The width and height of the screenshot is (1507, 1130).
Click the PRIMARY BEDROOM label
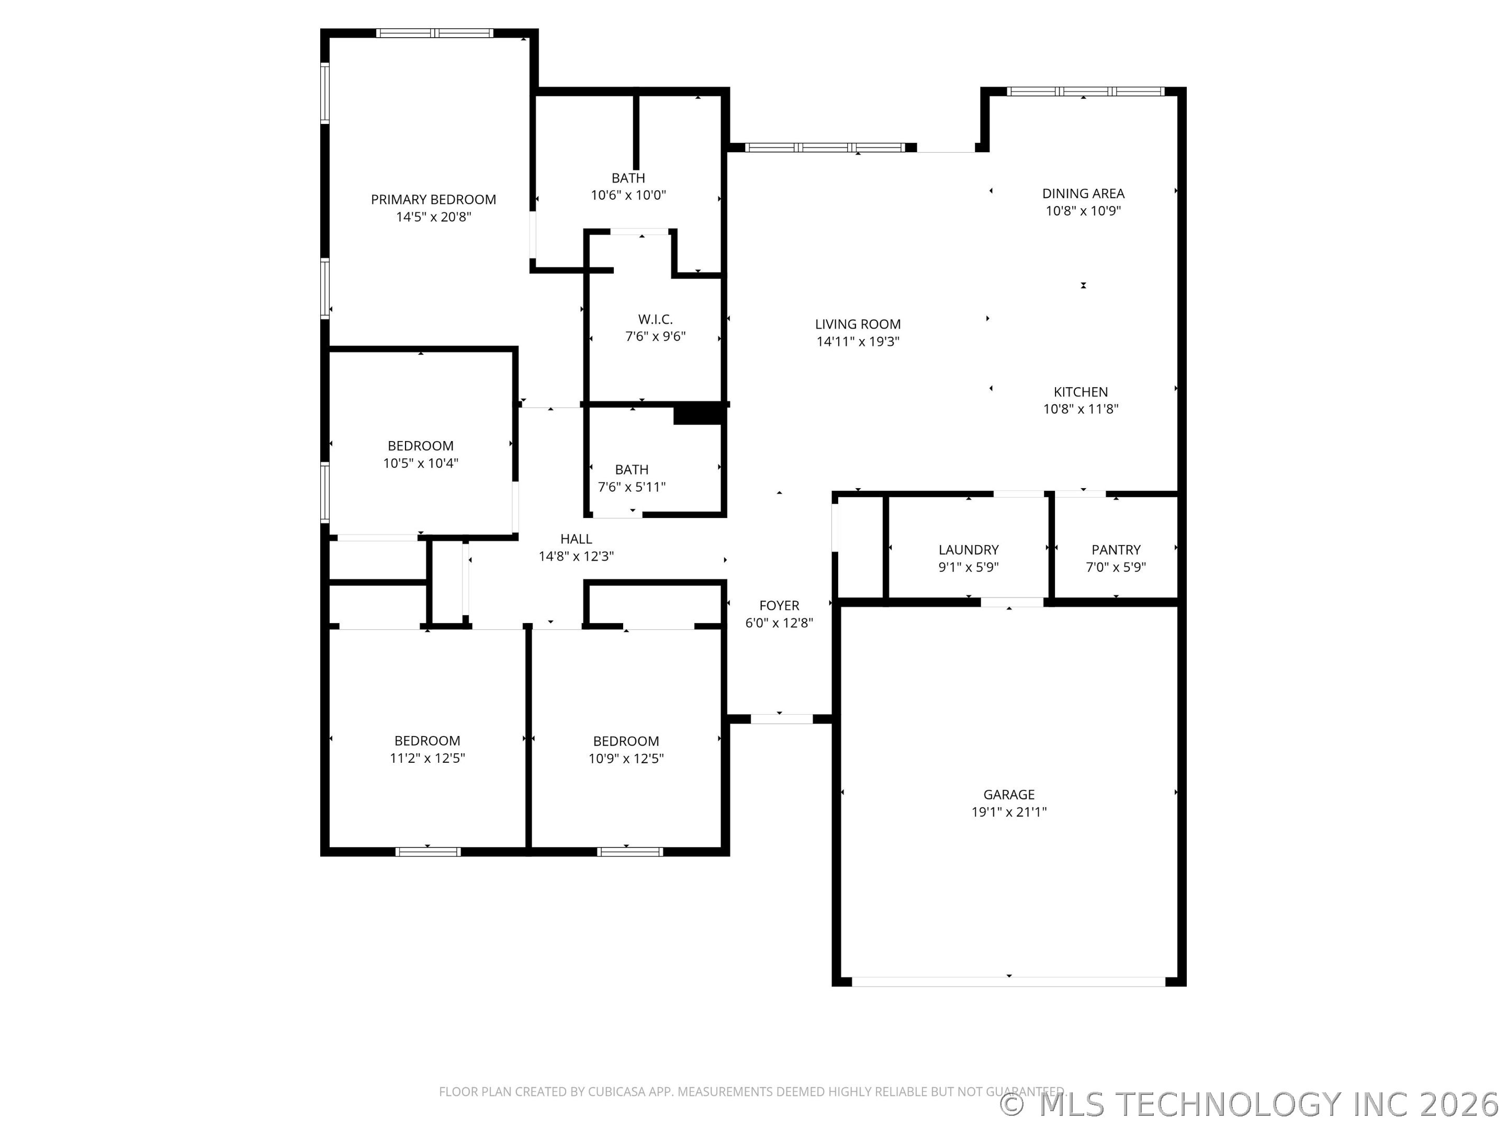433,199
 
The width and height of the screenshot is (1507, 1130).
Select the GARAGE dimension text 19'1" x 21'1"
1008,812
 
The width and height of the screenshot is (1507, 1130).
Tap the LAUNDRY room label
968,550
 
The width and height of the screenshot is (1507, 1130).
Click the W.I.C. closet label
656,320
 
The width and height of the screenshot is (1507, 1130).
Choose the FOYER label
779,605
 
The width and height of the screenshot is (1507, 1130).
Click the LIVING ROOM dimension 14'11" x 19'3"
858,342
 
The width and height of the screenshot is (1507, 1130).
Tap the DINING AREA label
1083,194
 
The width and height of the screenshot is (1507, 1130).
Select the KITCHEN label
1081,392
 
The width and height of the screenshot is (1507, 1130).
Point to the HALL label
576,539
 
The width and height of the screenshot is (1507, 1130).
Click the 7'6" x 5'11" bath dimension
632,487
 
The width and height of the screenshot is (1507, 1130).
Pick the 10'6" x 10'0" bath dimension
628,196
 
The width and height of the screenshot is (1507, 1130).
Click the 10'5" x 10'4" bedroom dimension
420,463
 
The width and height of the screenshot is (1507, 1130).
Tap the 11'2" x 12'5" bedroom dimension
427,758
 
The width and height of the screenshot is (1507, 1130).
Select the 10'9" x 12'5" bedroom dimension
626,759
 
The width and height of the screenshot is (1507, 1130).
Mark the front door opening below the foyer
781,719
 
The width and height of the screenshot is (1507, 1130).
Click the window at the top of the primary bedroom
434,32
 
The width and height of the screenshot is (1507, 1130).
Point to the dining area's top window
1085,91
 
